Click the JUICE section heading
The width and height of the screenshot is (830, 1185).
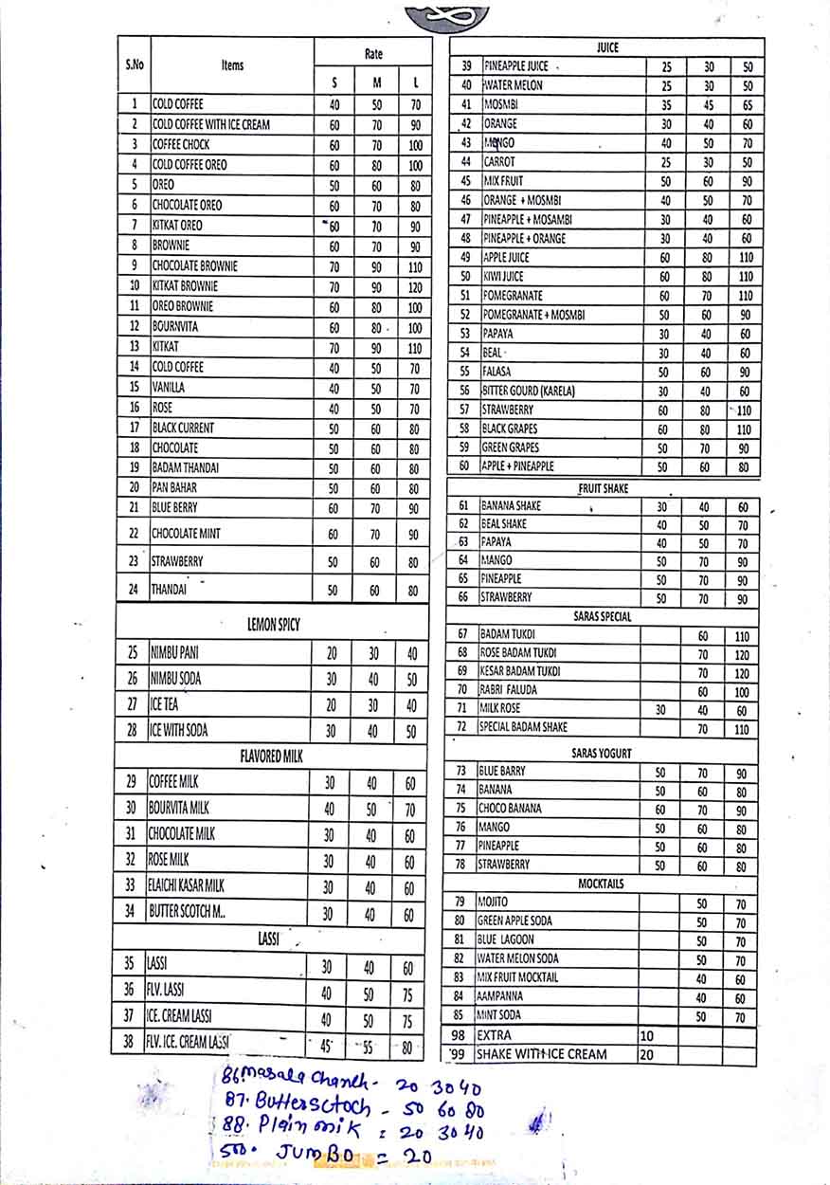(x=607, y=46)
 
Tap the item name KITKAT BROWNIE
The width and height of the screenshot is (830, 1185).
(x=185, y=285)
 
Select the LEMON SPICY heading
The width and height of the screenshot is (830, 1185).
(x=273, y=625)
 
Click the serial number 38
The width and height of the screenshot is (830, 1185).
(x=129, y=1042)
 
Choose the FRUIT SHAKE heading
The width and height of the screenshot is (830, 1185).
(x=604, y=488)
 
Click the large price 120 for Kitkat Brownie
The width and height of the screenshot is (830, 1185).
(x=414, y=286)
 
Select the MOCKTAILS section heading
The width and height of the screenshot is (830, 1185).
(x=602, y=884)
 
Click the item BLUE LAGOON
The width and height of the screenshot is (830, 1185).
(x=506, y=939)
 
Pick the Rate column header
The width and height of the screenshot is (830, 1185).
(x=373, y=55)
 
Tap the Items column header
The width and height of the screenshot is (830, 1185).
(x=232, y=65)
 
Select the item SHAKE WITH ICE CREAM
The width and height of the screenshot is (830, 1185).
(x=541, y=1054)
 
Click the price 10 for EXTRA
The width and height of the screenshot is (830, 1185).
(x=647, y=1035)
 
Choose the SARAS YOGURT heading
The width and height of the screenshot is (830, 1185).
(x=602, y=753)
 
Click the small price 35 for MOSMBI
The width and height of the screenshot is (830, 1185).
(x=666, y=105)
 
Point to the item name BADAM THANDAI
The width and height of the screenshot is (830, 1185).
(x=187, y=467)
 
